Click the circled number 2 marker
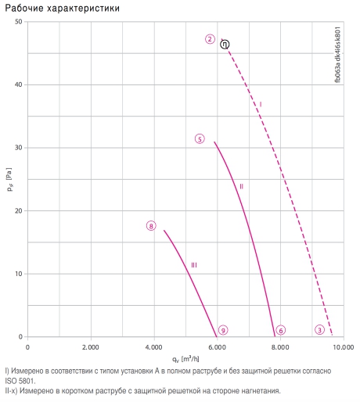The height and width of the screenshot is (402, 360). tap(210, 39)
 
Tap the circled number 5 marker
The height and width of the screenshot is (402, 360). tap(200, 139)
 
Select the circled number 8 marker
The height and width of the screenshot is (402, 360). tap(151, 226)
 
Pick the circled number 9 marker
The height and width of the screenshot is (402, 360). tap(223, 330)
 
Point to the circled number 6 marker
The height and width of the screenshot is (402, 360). tap(281, 330)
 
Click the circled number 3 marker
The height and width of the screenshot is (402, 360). tap(319, 330)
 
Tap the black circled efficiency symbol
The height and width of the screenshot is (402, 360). tap(225, 45)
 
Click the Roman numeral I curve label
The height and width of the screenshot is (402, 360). tap(261, 105)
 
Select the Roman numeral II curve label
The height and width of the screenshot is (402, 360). tap(241, 186)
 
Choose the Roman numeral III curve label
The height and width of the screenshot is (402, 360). tap(194, 265)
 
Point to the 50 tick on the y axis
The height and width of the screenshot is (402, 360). tap(19, 21)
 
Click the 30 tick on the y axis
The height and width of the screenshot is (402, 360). tap(19, 148)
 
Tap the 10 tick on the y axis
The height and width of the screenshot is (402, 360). tap(19, 274)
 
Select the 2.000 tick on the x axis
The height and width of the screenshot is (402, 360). tap(91, 347)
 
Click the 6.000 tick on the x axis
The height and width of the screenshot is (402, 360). tap(217, 347)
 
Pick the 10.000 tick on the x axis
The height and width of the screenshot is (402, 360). tap(344, 347)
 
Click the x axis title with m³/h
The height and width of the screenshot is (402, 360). tap(185, 359)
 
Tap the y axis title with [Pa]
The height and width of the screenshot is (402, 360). tap(9, 179)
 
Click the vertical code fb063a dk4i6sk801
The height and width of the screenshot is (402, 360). tap(337, 55)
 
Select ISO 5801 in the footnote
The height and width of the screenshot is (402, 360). tap(20, 381)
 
